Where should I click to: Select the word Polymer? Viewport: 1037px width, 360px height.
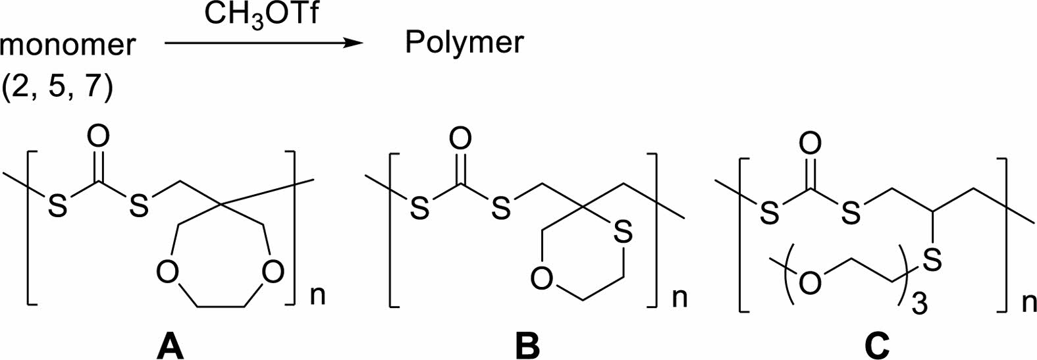tap(464, 43)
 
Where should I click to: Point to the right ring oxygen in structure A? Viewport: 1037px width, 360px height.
tap(272, 272)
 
